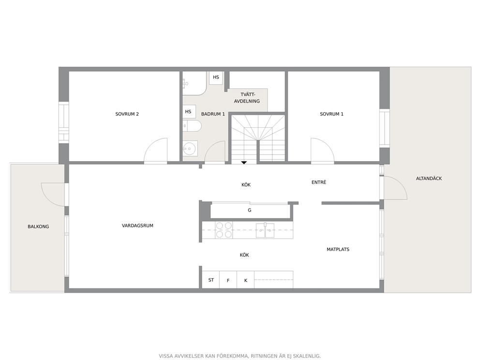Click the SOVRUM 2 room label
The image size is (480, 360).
tap(127, 114)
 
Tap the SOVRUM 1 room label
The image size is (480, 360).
tap(331, 114)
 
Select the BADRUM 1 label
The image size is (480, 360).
tap(213, 114)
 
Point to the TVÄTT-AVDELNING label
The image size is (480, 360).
tap(247, 98)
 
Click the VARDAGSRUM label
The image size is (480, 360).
tap(137, 225)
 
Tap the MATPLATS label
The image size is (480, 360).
tap(338, 250)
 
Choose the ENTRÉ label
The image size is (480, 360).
tap(319, 182)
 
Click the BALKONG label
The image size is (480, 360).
tap(38, 227)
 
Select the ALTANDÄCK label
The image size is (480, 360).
tap(429, 179)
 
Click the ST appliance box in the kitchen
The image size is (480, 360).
tap(211, 280)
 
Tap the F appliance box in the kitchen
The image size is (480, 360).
tap(228, 280)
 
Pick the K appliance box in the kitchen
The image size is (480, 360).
tap(245, 280)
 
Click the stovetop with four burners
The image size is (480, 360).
tap(224, 230)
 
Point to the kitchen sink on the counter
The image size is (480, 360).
tap(265, 230)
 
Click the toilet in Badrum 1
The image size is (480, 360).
tap(192, 126)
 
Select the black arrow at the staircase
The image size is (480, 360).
tap(244, 163)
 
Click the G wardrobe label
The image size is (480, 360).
tap(250, 210)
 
